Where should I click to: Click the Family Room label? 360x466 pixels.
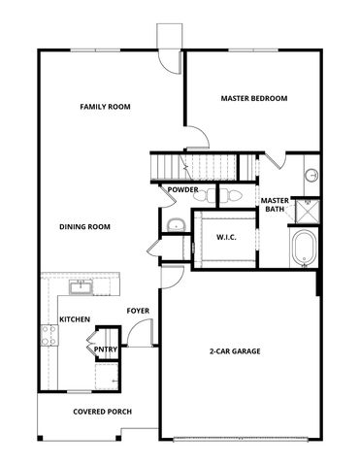coord(105,107)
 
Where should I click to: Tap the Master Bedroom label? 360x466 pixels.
coord(253,98)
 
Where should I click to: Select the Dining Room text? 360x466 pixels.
coord(84,227)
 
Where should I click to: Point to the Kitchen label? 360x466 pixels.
coord(75,319)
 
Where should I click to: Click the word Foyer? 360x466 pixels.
coord(138,311)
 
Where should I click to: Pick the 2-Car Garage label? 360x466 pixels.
coord(236,350)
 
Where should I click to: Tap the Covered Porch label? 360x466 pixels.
coord(102,412)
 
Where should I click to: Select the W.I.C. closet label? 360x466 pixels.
coord(227,237)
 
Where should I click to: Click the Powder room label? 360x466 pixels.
coord(182,189)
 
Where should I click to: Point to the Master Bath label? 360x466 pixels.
coord(275,206)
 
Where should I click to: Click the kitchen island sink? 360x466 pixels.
coord(81,286)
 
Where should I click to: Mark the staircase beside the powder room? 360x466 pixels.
coord(205,166)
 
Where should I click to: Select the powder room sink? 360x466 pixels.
coord(176,225)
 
